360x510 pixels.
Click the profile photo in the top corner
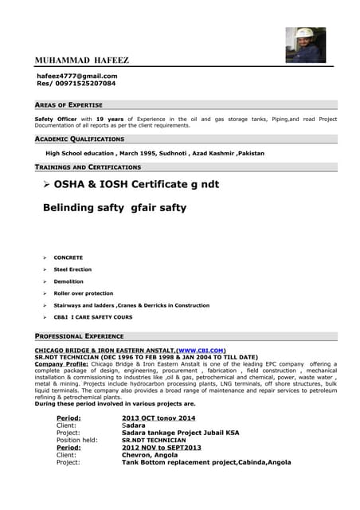[x=306, y=45]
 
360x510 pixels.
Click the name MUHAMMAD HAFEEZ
[x=82, y=61]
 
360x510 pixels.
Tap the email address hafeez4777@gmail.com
[x=77, y=76]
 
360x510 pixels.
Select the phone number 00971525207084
[x=76, y=83]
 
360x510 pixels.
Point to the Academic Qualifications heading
[x=80, y=139]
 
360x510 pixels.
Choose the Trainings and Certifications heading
[x=88, y=167]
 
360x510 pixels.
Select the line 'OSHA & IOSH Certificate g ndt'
[x=136, y=184]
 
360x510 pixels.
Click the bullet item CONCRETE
[x=68, y=257]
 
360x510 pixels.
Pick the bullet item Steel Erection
[x=72, y=269]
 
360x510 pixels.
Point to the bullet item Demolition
[x=68, y=281]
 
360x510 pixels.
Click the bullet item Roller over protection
[x=83, y=293]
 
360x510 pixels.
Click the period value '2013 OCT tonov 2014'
[x=158, y=418]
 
